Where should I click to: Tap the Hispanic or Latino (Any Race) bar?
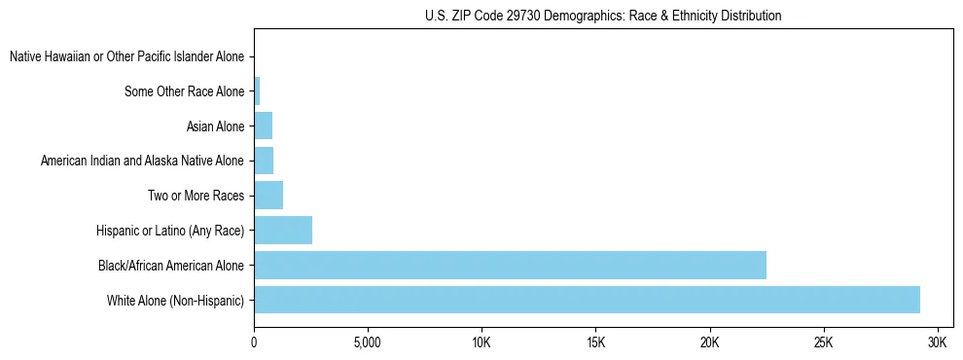[x=283, y=230]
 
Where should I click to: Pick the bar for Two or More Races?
[x=268, y=195]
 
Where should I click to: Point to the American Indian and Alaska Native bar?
[x=264, y=160]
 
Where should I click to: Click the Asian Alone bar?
[x=263, y=126]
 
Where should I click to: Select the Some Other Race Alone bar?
[x=257, y=91]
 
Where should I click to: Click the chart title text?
[x=603, y=16]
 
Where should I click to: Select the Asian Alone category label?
[x=215, y=126]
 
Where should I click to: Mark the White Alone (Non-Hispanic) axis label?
[x=176, y=300]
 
